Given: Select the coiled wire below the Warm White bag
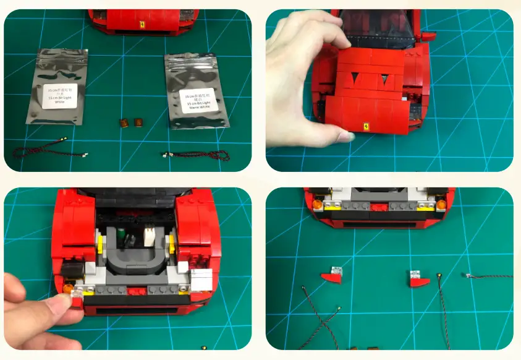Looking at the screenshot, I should click(192, 154).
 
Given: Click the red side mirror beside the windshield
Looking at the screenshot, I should click(426, 36).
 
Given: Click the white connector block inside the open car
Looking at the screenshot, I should click(150, 236).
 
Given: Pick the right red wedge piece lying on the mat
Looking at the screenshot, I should click(417, 279).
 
